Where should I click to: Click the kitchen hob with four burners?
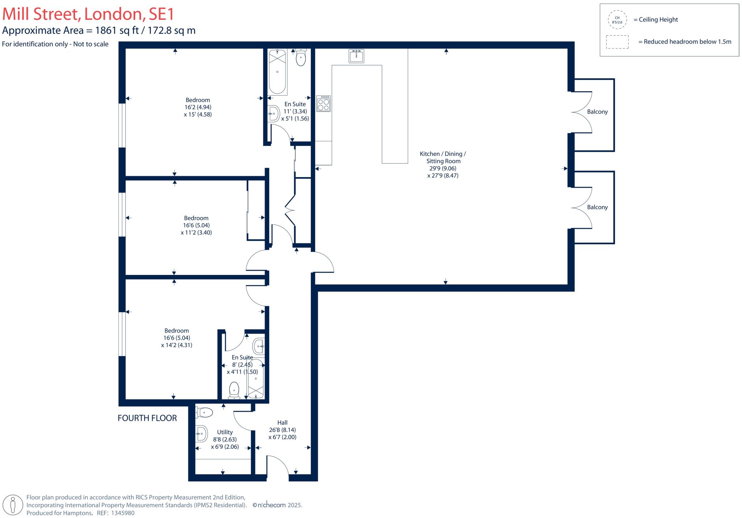coord(323,104)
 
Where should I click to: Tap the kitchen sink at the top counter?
coord(356,56)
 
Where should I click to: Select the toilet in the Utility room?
coord(204,412)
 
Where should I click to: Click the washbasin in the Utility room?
coord(201,434)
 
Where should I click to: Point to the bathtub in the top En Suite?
coord(278,72)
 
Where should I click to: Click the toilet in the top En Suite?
coord(301,58)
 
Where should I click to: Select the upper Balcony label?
coord(597,112)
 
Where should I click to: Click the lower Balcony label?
coord(597,207)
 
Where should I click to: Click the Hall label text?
coord(282,422)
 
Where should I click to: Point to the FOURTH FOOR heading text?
coord(147,418)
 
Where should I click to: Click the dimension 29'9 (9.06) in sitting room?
coord(443,168)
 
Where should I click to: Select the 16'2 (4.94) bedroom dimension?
coord(197,107)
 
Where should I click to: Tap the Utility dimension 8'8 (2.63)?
coord(225,439)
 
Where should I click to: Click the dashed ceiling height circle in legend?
coord(617,20)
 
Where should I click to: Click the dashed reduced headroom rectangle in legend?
coord(617,42)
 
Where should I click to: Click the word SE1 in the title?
coord(159,14)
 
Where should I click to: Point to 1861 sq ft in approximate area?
coord(117,30)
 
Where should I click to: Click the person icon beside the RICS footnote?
coord(13,505)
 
